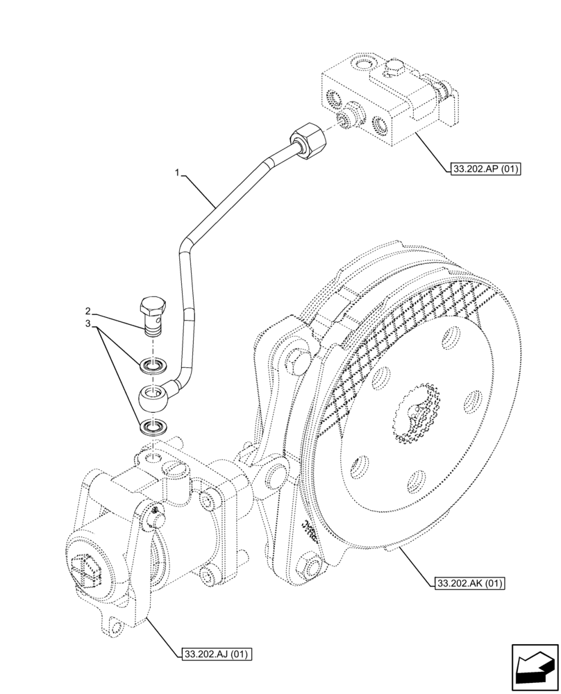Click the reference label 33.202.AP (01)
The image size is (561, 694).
(485, 168)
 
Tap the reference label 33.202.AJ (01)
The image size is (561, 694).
(217, 653)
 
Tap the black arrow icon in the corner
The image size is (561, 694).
(533, 667)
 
